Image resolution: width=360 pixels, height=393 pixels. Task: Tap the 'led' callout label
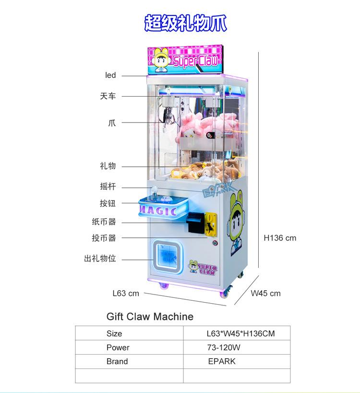click(x=110, y=75)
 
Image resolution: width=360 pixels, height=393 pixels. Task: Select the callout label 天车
click(x=108, y=96)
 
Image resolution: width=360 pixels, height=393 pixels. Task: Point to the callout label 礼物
click(x=108, y=166)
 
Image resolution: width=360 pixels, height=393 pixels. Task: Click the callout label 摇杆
click(x=108, y=186)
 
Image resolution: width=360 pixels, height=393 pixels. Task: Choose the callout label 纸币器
click(x=104, y=222)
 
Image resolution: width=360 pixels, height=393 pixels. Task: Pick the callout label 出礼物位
click(x=100, y=258)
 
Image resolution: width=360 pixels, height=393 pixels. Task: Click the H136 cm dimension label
click(x=280, y=238)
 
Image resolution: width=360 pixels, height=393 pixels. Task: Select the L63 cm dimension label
click(x=126, y=293)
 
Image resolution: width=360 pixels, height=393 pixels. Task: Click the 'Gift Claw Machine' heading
click(x=150, y=317)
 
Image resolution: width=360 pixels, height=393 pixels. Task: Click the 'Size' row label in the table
click(x=114, y=333)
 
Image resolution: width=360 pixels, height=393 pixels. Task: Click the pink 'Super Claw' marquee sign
click(x=185, y=60)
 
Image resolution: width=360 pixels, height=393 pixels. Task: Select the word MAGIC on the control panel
click(x=158, y=210)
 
